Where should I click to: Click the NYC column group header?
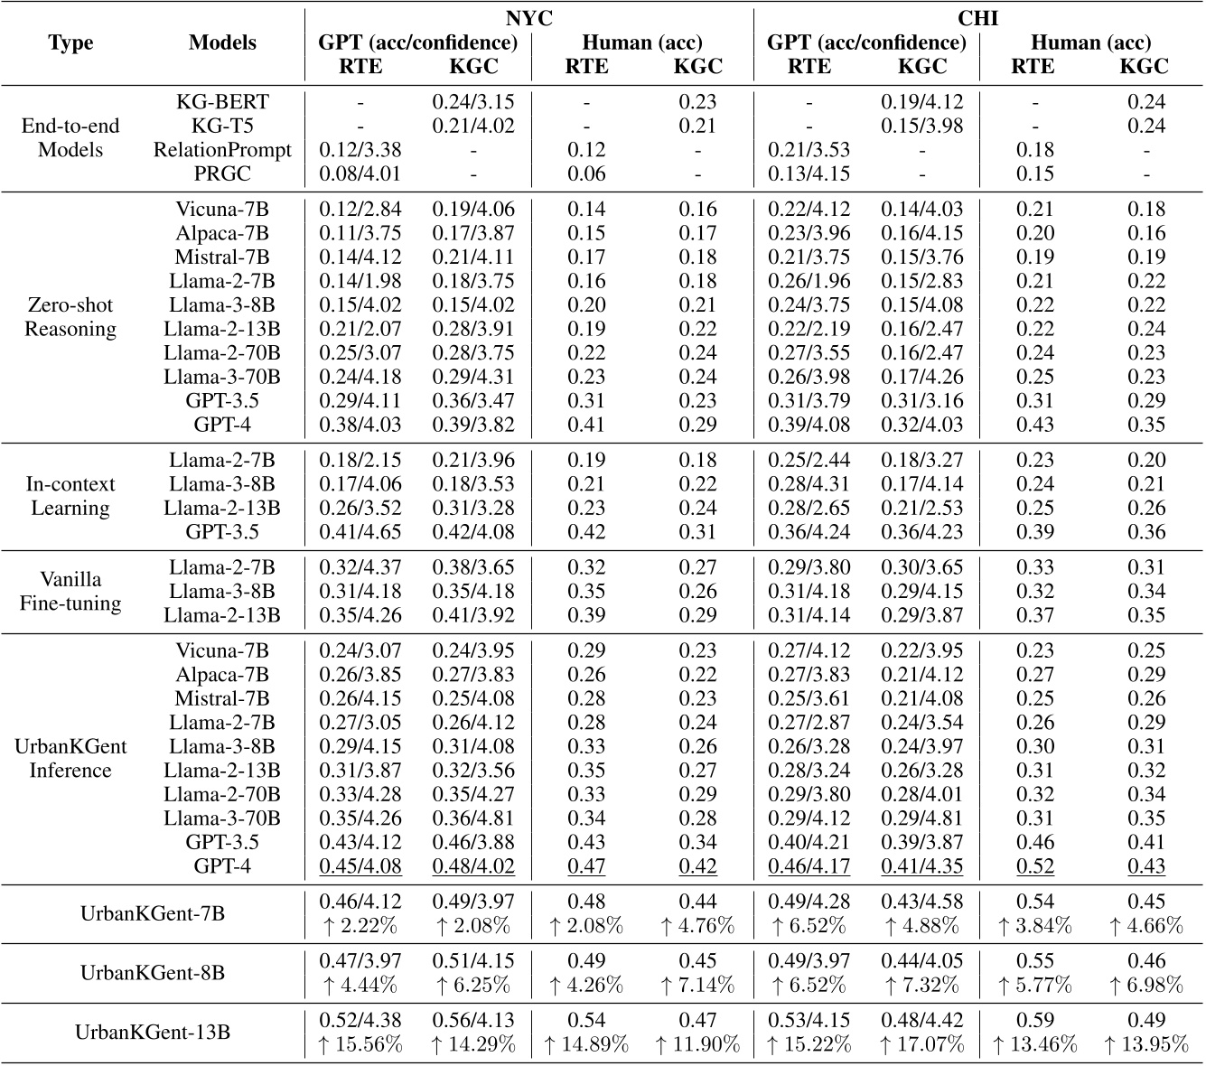pyautogui.click(x=528, y=18)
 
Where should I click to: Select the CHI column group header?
pyautogui.click(x=977, y=18)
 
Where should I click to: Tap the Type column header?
pyautogui.click(x=70, y=42)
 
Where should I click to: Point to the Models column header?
pyautogui.click(x=222, y=42)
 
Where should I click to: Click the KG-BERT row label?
pyautogui.click(x=222, y=102)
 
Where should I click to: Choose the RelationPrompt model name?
pyautogui.click(x=222, y=150)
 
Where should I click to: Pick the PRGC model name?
pyautogui.click(x=222, y=173)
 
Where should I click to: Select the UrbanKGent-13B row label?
pyautogui.click(x=153, y=1032)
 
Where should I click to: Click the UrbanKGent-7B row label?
pyautogui.click(x=153, y=912)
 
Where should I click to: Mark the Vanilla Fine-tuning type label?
pyautogui.click(x=70, y=591)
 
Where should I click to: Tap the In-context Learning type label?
pyautogui.click(x=70, y=496)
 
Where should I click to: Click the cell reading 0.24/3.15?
pyautogui.click(x=473, y=102)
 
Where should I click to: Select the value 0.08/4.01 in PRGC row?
pyautogui.click(x=360, y=173)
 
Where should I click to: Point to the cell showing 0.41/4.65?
pyautogui.click(x=360, y=531)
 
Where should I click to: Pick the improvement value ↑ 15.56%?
pyautogui.click(x=360, y=1044)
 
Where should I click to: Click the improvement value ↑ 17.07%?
pyautogui.click(x=922, y=1044)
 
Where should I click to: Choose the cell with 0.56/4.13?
pyautogui.click(x=473, y=1020)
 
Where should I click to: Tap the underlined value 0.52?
pyautogui.click(x=1035, y=866)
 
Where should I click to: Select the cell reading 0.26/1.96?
pyautogui.click(x=809, y=281)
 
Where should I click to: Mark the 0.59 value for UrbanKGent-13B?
pyautogui.click(x=1035, y=1020)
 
